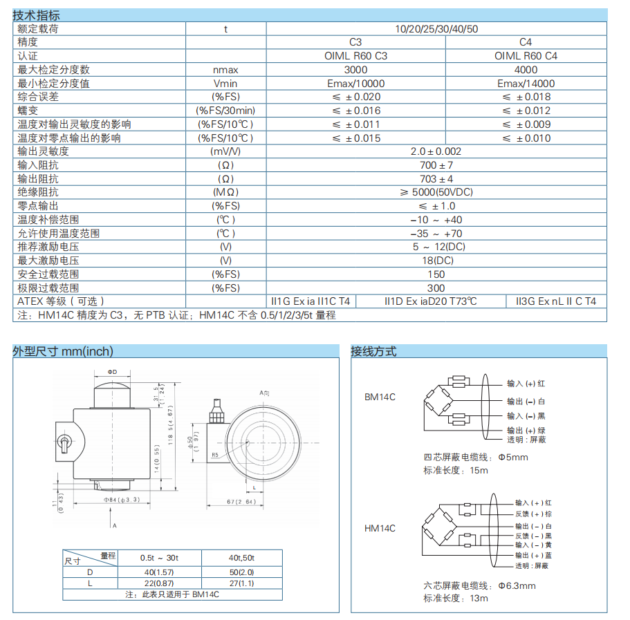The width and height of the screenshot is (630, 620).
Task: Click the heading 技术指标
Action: [x=36, y=15]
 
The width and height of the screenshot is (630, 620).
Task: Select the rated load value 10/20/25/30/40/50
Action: [x=436, y=29]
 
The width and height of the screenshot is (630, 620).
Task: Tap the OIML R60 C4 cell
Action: [x=526, y=56]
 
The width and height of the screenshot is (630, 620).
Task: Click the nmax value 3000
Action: [x=355, y=70]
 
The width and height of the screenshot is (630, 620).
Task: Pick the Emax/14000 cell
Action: [x=526, y=84]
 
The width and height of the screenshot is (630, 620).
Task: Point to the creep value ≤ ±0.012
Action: [x=526, y=111]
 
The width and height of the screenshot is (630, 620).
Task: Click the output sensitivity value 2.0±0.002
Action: [x=436, y=151]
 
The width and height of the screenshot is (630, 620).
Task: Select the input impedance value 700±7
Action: [x=436, y=165]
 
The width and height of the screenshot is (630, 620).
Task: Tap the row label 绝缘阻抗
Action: [x=38, y=192]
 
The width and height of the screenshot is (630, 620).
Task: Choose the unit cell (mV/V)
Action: [x=225, y=151]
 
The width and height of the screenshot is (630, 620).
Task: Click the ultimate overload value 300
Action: [x=436, y=288]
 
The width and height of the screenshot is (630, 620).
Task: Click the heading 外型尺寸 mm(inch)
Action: [x=63, y=351]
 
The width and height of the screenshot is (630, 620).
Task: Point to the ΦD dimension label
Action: [x=113, y=372]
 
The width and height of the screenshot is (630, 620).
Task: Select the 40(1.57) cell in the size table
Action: [x=159, y=572]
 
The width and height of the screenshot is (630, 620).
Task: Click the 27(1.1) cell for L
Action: [x=241, y=583]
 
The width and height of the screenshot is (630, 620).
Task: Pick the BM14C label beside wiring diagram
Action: [x=380, y=397]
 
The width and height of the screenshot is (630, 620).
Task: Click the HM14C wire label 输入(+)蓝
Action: [x=532, y=555]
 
